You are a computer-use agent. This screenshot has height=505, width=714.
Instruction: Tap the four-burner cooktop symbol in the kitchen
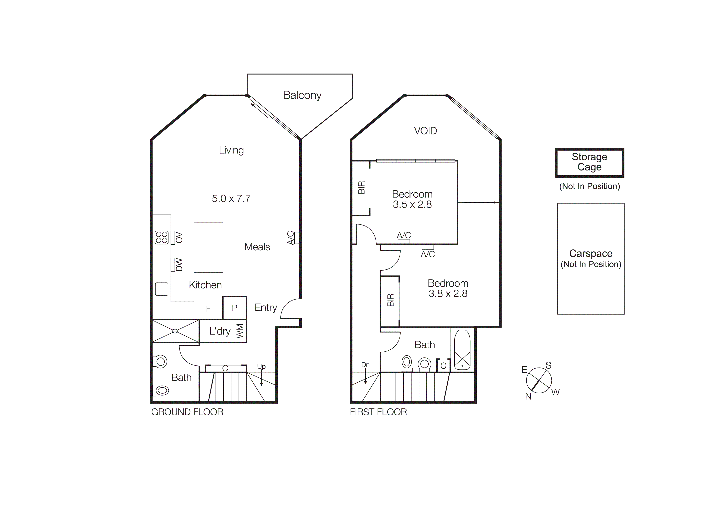coord(162,237)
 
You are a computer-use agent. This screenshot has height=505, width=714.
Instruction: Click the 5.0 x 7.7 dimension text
coord(231,198)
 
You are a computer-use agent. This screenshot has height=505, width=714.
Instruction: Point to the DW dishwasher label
coord(179,265)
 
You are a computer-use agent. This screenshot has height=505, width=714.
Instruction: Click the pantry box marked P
coord(234,308)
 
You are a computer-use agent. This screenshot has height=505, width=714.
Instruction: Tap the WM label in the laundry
coord(239,331)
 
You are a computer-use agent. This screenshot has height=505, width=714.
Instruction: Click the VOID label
coord(425,131)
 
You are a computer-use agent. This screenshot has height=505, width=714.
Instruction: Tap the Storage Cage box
coord(589,162)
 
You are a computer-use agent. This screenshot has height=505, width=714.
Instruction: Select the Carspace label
coord(590,254)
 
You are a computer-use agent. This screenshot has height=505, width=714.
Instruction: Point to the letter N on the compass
coord(528,396)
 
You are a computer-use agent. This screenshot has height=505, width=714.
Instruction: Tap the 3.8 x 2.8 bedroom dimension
coord(448,293)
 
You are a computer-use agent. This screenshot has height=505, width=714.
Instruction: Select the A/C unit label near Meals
coord(290,238)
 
